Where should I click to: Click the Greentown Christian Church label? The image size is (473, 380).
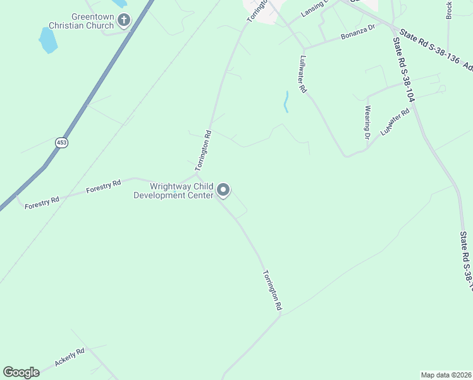coord(92,21)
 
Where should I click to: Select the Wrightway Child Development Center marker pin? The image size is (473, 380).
coord(223,189)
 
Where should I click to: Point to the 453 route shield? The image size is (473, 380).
coord(61,142)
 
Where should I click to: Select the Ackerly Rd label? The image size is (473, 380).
coord(69,357)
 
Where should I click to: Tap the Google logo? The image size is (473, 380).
coord(21,372)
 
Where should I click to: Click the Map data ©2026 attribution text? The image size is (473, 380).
coord(446,375)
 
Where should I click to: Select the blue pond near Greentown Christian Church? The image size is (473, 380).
coord(47,40)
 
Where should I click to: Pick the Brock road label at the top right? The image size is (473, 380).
coord(450,9)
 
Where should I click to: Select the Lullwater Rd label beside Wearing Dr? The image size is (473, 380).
coord(395,122)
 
